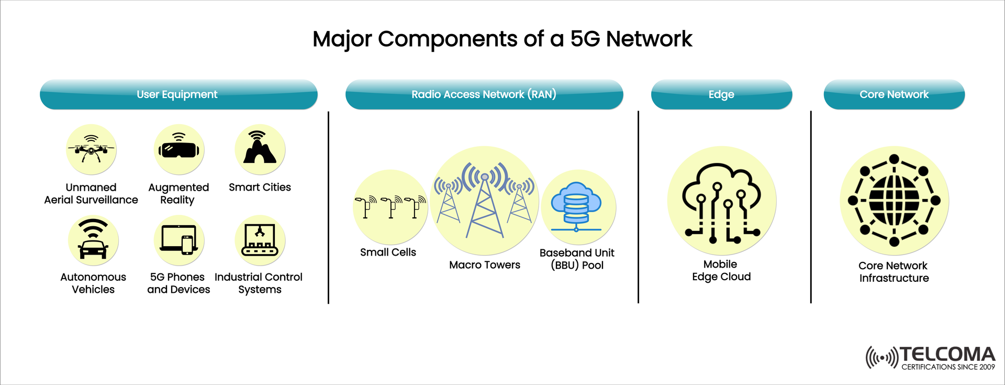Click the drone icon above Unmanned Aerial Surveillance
pyautogui.click(x=91, y=149)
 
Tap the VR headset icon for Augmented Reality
pyautogui.click(x=178, y=149)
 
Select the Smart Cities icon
pyautogui.click(x=260, y=149)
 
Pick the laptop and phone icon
pyautogui.click(x=178, y=240)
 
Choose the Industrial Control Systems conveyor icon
pyautogui.click(x=260, y=240)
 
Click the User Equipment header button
pyautogui.click(x=178, y=95)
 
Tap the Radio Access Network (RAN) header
pyautogui.click(x=484, y=95)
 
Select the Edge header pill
pyautogui.click(x=721, y=95)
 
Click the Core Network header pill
pyautogui.click(x=894, y=95)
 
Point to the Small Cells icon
pyautogui.click(x=390, y=207)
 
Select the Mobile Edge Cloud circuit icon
pyautogui.click(x=721, y=202)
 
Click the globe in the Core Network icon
pyautogui.click(x=894, y=200)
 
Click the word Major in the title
pyautogui.click(x=342, y=39)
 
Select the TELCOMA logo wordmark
pyautogui.click(x=947, y=355)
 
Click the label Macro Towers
pyautogui.click(x=485, y=265)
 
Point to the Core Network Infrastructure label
pyautogui.click(x=894, y=272)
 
